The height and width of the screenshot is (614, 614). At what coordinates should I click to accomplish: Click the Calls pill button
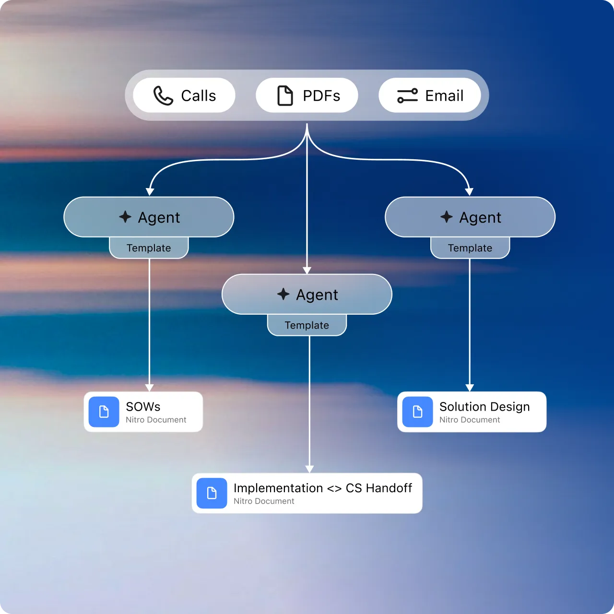pyautogui.click(x=184, y=95)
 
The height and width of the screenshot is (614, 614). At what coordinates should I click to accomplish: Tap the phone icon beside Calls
pyautogui.click(x=163, y=95)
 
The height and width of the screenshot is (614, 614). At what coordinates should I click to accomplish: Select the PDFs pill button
pyautogui.click(x=307, y=95)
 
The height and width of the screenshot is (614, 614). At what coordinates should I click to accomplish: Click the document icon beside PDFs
pyautogui.click(x=285, y=95)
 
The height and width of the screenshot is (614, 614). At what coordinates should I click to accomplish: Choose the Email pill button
pyautogui.click(x=430, y=95)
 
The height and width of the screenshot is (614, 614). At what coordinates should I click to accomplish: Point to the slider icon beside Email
pyautogui.click(x=407, y=95)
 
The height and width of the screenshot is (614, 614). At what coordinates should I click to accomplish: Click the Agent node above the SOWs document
pyautogui.click(x=149, y=217)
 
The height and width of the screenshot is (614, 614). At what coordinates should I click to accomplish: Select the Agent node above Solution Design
pyautogui.click(x=470, y=217)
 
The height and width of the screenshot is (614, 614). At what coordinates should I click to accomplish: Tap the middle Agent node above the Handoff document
pyautogui.click(x=307, y=295)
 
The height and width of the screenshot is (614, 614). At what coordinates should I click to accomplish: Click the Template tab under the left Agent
pyautogui.click(x=149, y=248)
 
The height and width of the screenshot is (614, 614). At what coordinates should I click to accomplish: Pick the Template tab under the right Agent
pyautogui.click(x=470, y=248)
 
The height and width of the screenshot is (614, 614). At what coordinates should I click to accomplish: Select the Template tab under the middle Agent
pyautogui.click(x=307, y=325)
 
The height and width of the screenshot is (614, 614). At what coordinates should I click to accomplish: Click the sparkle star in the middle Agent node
pyautogui.click(x=283, y=294)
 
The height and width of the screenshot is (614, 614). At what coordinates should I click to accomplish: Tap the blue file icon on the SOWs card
pyautogui.click(x=104, y=412)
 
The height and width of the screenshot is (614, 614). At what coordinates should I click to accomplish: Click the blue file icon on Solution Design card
pyautogui.click(x=418, y=412)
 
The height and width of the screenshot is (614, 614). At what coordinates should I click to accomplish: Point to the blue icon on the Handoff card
pyautogui.click(x=212, y=493)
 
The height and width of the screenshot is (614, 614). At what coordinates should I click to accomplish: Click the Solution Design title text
pyautogui.click(x=484, y=407)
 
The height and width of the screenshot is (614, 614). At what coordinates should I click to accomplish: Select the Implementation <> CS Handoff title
pyautogui.click(x=323, y=488)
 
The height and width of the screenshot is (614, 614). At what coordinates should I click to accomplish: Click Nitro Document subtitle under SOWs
pyautogui.click(x=156, y=420)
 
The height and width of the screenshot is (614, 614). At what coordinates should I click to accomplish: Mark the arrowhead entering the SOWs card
pyautogui.click(x=150, y=388)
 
